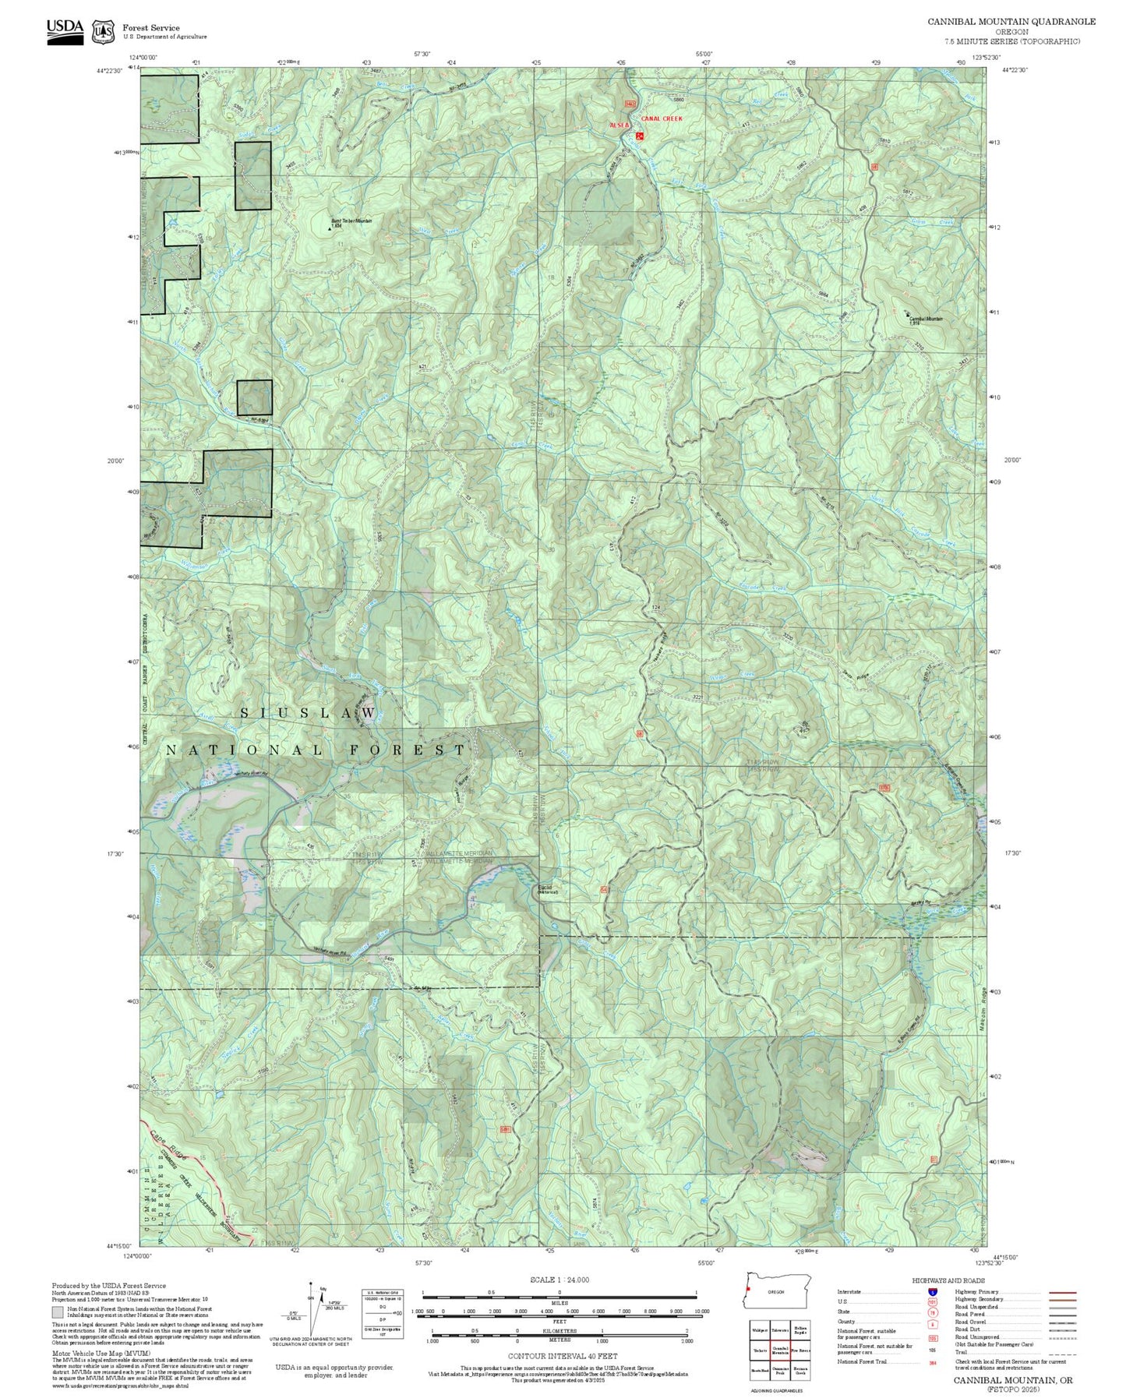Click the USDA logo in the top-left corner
(65, 31)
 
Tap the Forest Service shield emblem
(103, 32)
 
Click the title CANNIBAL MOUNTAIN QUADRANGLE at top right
(1011, 22)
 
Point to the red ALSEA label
(619, 124)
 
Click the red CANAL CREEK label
(661, 118)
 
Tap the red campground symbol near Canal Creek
(640, 136)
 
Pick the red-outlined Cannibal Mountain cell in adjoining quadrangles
(780, 1350)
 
